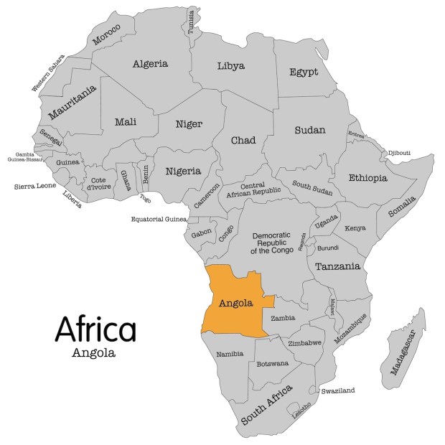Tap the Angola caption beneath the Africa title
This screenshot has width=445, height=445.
pyautogui.click(x=93, y=353)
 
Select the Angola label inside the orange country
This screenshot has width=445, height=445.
pyautogui.click(x=235, y=302)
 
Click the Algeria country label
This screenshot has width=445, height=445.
pyautogui.click(x=151, y=63)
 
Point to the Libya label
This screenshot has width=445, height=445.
pyautogui.click(x=230, y=66)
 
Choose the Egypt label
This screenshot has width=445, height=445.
pyautogui.click(x=304, y=72)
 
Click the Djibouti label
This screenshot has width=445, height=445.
pyautogui.click(x=400, y=153)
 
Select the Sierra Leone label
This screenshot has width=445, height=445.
pyautogui.click(x=35, y=186)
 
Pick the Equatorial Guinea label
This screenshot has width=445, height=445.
pyautogui.click(x=159, y=219)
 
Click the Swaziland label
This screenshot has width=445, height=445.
pyautogui.click(x=339, y=391)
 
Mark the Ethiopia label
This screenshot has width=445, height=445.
pyautogui.click(x=367, y=177)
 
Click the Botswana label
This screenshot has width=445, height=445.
pyautogui.click(x=273, y=363)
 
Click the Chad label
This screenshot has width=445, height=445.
pyautogui.click(x=243, y=140)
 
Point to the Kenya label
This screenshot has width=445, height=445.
pyautogui.click(x=355, y=228)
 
